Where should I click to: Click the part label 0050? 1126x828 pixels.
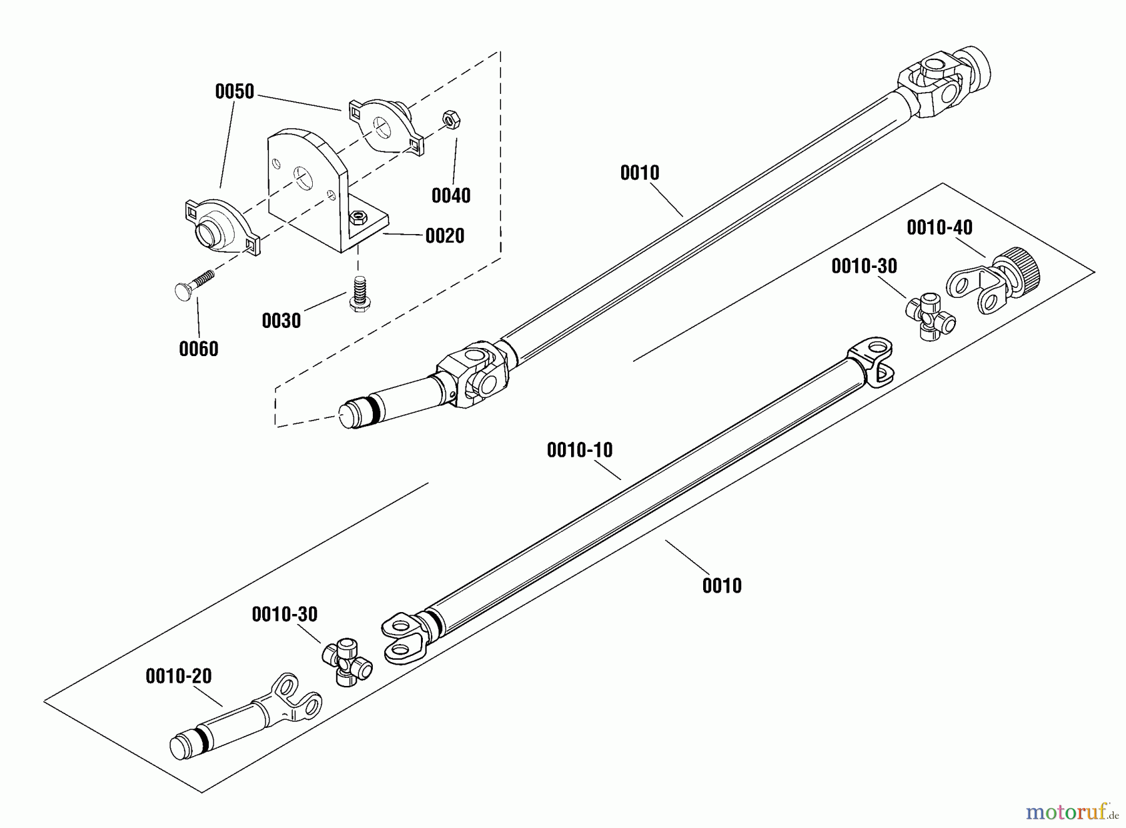pyautogui.click(x=235, y=92)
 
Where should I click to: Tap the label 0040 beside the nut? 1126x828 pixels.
pyautogui.click(x=451, y=196)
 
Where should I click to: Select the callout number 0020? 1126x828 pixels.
pyautogui.click(x=445, y=236)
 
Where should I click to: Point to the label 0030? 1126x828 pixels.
pyautogui.click(x=281, y=321)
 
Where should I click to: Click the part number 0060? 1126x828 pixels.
pyautogui.click(x=198, y=349)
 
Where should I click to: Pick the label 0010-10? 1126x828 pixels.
pyautogui.click(x=580, y=451)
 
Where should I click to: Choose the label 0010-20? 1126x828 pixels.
pyautogui.click(x=179, y=677)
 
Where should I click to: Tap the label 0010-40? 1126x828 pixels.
pyautogui.click(x=940, y=228)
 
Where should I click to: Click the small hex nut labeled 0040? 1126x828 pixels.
pyautogui.click(x=450, y=118)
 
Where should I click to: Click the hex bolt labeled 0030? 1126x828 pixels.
pyautogui.click(x=358, y=294)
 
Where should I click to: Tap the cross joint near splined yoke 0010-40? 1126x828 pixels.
pyautogui.click(x=930, y=317)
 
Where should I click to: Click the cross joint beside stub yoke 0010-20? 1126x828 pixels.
pyautogui.click(x=347, y=661)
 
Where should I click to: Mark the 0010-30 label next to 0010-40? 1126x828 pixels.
pyautogui.click(x=864, y=267)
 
